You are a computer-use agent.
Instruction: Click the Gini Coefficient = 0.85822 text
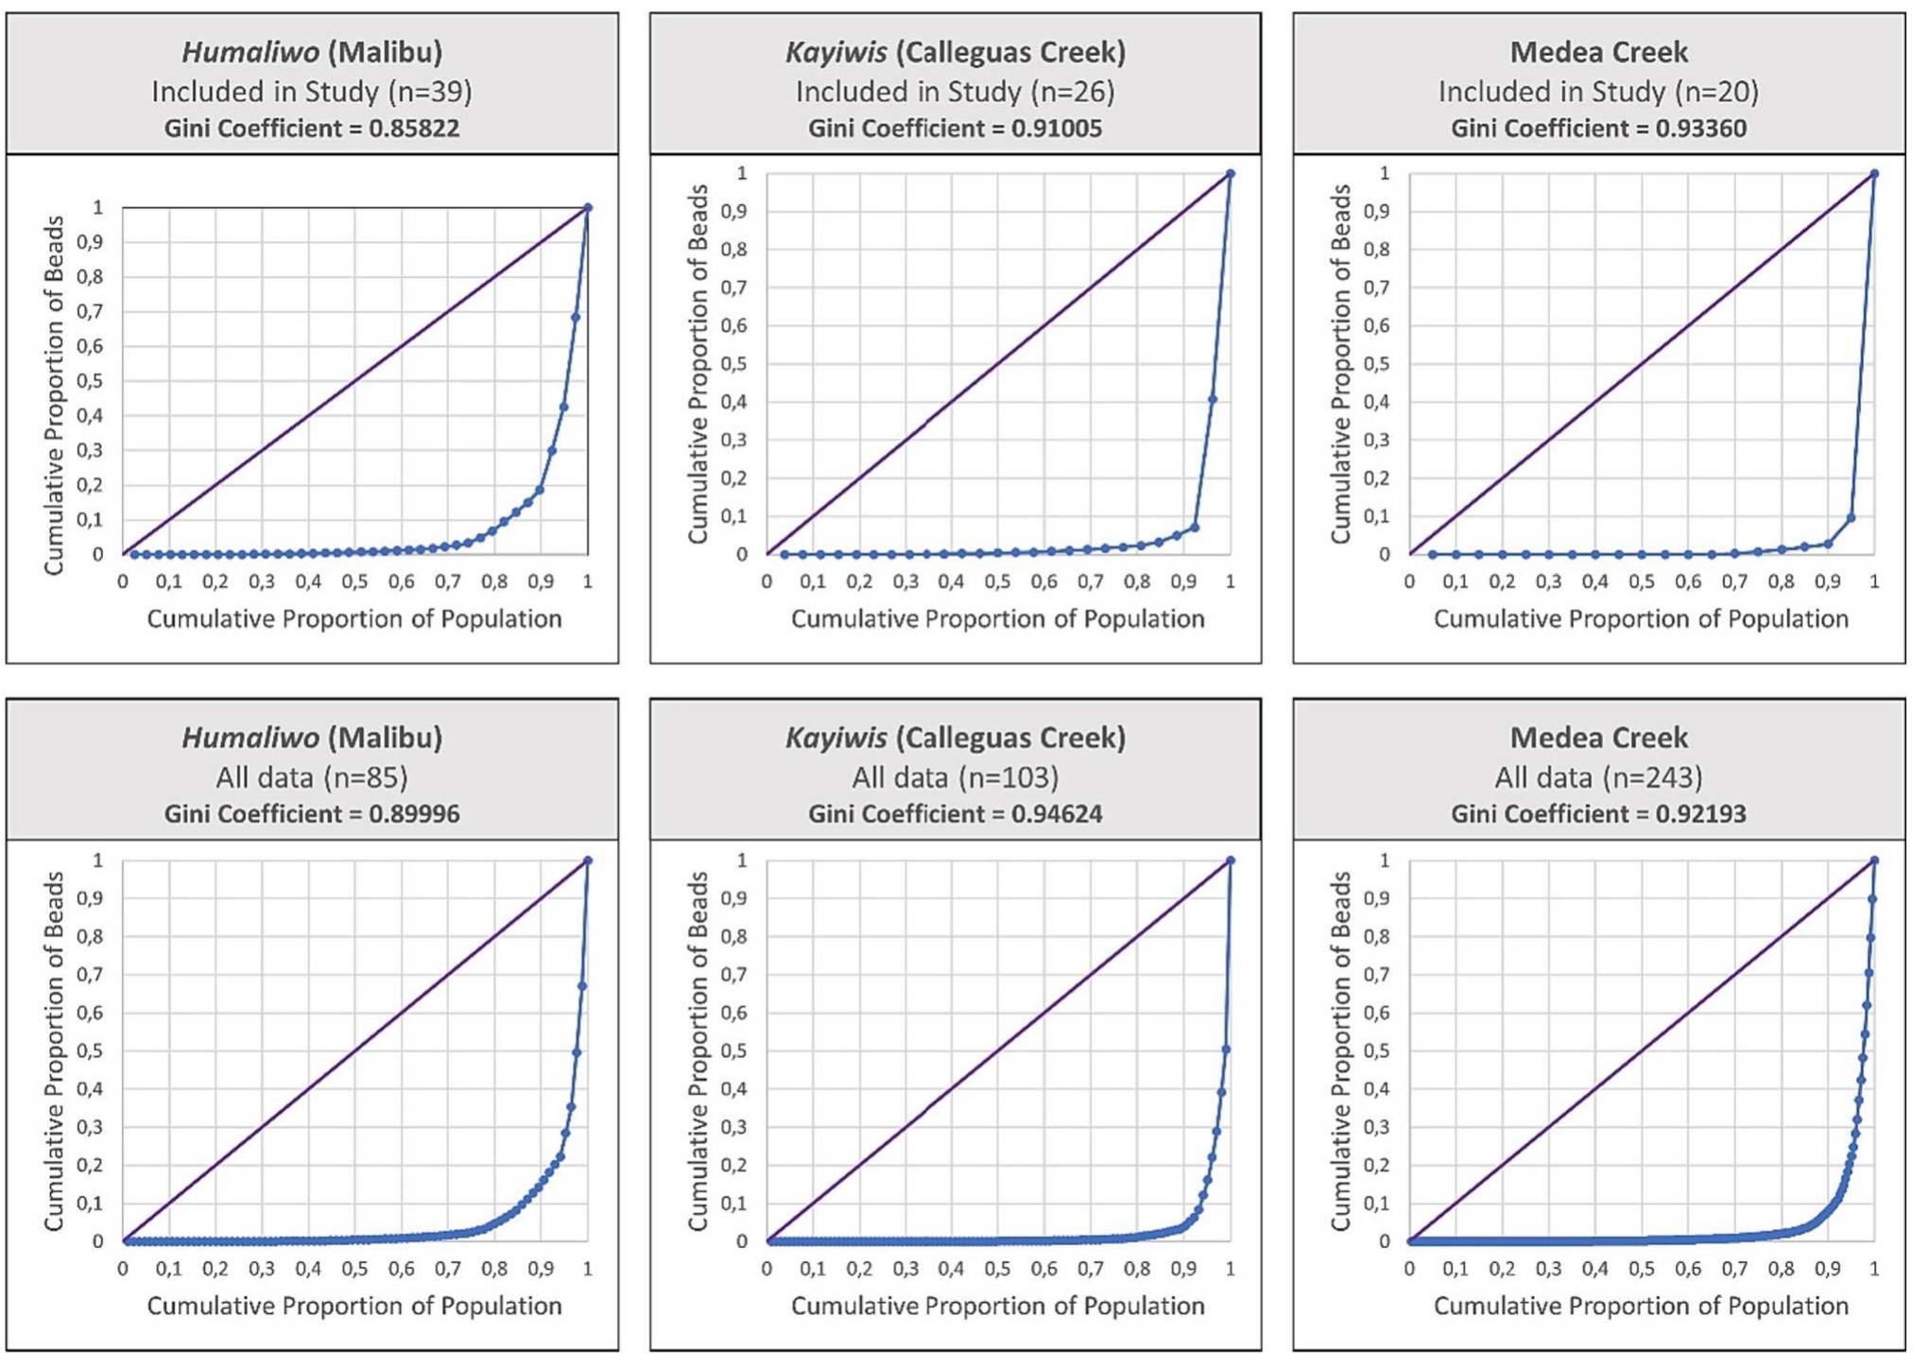[x=312, y=129]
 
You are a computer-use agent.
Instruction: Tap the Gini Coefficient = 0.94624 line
[x=955, y=814]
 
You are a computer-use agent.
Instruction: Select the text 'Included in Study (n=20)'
[x=1598, y=92]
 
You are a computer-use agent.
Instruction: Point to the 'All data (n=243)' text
[x=1598, y=777]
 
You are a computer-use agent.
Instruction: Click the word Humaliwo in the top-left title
[x=250, y=52]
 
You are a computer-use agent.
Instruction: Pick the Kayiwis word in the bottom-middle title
[x=836, y=737]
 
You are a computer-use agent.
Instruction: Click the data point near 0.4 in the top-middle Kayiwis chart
[x=1213, y=400]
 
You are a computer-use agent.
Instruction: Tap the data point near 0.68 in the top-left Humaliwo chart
[x=576, y=317]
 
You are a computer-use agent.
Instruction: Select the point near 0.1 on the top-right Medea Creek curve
[x=1851, y=517]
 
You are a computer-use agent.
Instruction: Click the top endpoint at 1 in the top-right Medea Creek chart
[x=1874, y=174]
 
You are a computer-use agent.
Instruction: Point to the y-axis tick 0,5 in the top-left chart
[x=92, y=381]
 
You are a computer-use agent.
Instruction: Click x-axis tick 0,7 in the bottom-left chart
[x=448, y=1269]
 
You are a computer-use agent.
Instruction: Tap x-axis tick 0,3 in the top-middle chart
[x=905, y=582]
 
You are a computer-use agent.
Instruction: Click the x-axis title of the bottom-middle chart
[x=997, y=1306]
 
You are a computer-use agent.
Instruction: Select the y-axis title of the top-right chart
[x=1340, y=364]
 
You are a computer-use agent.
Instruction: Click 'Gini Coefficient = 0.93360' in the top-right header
[x=1598, y=129]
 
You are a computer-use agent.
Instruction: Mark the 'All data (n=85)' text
[x=312, y=777]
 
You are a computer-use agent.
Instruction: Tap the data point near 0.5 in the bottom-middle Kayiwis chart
[x=1226, y=1049]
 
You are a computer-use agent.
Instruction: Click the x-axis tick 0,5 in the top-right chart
[x=1642, y=582]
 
